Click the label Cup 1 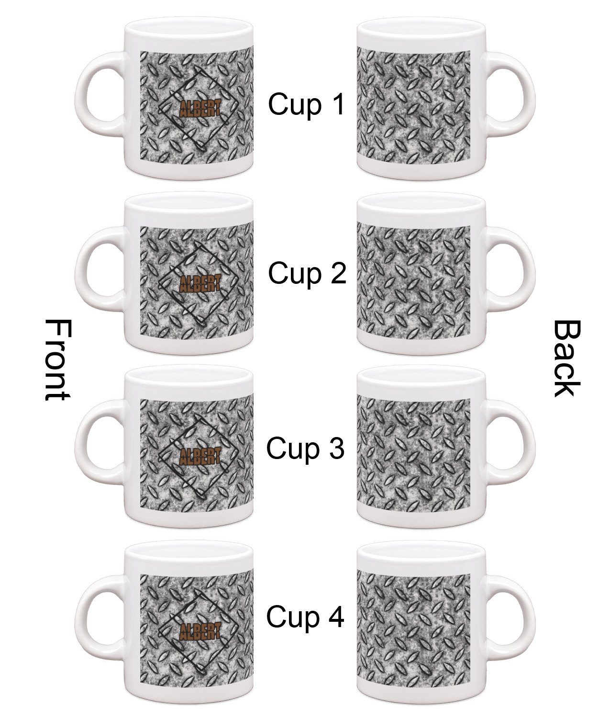click(307, 104)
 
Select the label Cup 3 click(305, 449)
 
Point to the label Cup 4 click(305, 617)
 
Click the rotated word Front click(58, 360)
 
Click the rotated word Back click(566, 359)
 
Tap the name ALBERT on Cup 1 click(200, 108)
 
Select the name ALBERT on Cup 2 click(200, 283)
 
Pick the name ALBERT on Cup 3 click(200, 456)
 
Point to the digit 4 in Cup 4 click(336, 616)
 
